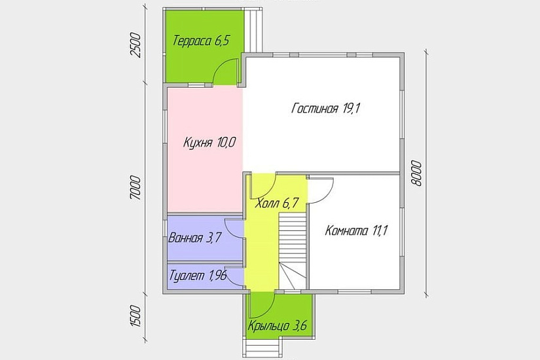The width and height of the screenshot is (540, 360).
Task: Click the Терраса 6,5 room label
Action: [201, 41]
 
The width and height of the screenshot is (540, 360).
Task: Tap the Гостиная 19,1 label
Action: [325, 109]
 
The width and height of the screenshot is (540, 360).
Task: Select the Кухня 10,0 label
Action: [209, 142]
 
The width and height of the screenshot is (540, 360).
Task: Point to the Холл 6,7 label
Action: [276, 204]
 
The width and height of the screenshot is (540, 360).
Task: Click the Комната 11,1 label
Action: [357, 230]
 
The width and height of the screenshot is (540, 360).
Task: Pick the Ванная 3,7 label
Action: [194, 238]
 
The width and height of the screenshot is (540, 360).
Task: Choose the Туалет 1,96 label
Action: [198, 276]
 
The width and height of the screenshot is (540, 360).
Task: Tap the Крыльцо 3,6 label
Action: [278, 325]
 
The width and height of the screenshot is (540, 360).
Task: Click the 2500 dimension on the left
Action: [135, 45]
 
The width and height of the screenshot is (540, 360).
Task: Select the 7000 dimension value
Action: [135, 188]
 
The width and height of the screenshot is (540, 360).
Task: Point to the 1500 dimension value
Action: [135, 316]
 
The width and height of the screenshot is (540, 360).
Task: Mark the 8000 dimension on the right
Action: [416, 173]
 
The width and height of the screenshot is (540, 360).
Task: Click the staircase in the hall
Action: [293, 251]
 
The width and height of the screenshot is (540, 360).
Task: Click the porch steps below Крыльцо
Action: [263, 348]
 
